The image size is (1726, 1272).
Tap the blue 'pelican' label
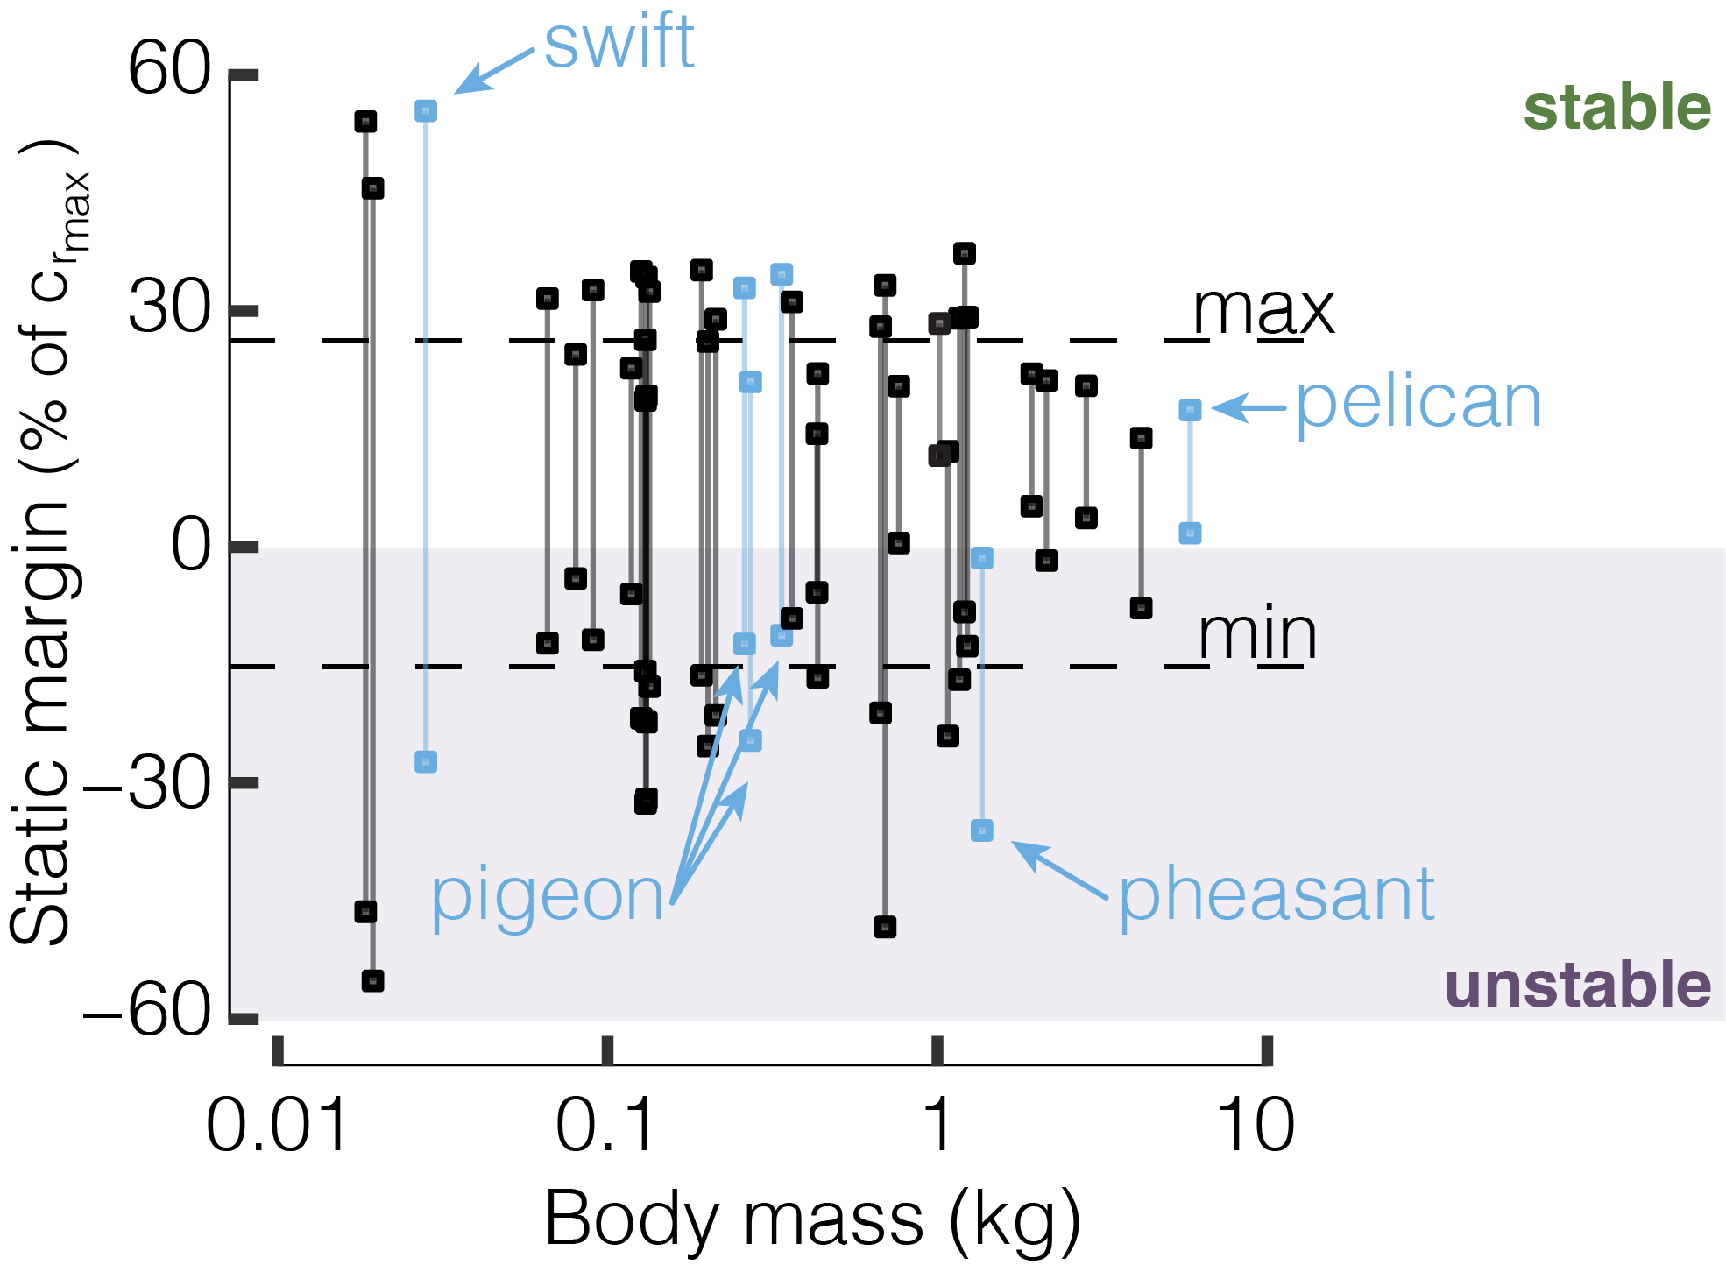[x=1418, y=404]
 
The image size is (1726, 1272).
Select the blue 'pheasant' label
[x=1276, y=895]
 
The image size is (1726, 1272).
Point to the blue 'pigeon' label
[x=548, y=897]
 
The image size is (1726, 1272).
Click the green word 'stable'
[x=1616, y=108]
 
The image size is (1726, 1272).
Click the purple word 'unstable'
[x=1577, y=985]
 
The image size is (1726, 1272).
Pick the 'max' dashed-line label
[x=1263, y=310]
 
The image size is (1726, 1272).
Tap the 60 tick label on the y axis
[x=170, y=70]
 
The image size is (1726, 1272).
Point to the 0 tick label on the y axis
[x=192, y=547]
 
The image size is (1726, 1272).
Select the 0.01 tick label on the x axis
[x=277, y=1126]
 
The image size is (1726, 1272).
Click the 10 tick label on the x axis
[x=1256, y=1126]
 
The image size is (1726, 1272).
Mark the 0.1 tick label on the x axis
[x=605, y=1126]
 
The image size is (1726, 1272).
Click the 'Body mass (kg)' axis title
[x=812, y=1219]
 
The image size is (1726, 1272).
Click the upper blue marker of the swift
[x=426, y=111]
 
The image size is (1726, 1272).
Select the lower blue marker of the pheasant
[x=982, y=830]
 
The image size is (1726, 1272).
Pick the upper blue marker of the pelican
[x=1190, y=410]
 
